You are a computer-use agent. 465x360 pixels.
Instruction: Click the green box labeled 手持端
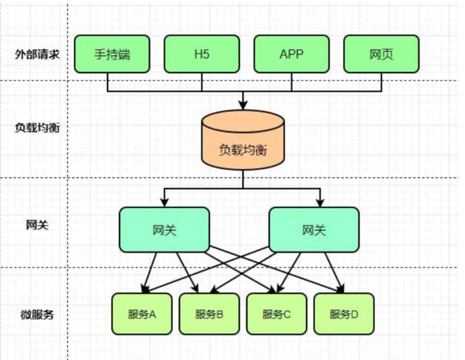pos(112,54)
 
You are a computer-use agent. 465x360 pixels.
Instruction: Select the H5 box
pos(201,54)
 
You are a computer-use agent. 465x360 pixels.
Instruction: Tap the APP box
pos(291,54)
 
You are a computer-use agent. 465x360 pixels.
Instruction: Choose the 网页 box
pos(381,54)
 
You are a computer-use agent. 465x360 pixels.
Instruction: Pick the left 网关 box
pos(164,229)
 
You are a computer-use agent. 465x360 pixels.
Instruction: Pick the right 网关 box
pos(314,229)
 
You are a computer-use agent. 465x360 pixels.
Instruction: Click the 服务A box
pos(142,314)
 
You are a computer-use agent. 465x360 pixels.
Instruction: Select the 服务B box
pos(209,314)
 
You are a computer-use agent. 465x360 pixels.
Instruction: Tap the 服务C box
pos(277,314)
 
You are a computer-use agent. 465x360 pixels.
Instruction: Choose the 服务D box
pos(344,314)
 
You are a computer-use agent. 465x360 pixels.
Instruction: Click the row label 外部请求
pos(37,54)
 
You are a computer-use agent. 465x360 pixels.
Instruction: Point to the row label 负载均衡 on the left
pos(37,127)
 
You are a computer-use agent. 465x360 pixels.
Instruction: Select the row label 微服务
pos(37,314)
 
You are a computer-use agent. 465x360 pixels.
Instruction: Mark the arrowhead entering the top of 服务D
pos(341,289)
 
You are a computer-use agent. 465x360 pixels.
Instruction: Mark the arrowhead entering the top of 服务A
pos(144,289)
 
